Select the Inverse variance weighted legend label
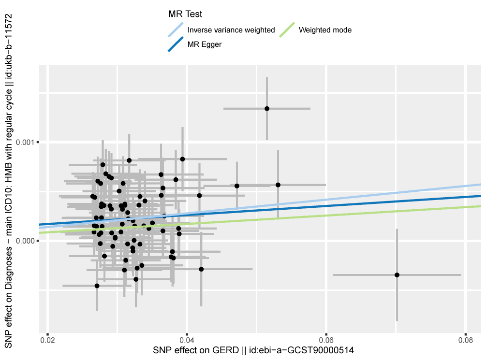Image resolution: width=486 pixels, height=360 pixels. (231, 30)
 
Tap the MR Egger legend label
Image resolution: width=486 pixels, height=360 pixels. (205, 44)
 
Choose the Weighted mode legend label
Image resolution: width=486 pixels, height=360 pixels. (325, 30)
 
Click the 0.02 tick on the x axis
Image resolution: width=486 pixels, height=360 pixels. (47, 340)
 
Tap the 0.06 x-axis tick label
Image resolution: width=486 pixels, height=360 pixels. (326, 340)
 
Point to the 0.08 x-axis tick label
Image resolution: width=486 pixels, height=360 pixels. (465, 340)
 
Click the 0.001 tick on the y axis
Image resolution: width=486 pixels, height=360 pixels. (24, 142)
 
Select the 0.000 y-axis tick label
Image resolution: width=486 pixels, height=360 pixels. (24, 241)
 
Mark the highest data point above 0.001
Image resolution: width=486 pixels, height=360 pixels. (267, 109)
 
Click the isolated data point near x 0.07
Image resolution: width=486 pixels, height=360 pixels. (397, 275)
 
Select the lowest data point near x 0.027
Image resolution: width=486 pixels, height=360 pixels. (97, 286)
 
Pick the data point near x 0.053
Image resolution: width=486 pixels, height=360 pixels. (278, 185)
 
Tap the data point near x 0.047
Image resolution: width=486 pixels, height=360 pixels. (237, 186)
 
